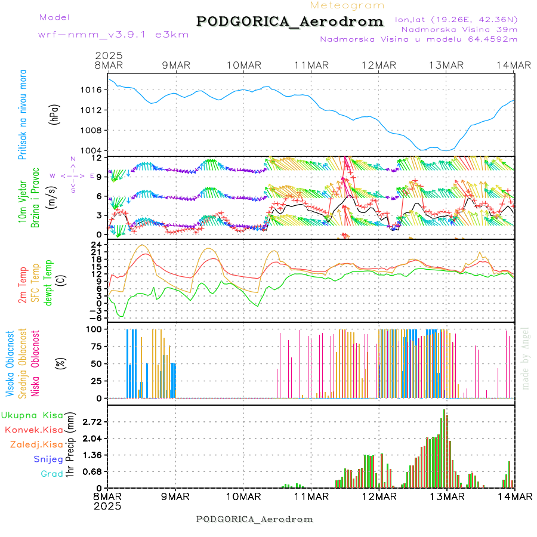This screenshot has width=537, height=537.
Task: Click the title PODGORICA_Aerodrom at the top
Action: tap(289, 21)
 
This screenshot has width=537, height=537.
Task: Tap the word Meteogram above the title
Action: tap(347, 5)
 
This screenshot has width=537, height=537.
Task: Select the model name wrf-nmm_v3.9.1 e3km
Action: tap(113, 35)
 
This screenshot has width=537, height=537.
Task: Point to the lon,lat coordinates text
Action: tap(456, 19)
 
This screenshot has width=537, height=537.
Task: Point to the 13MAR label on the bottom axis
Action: tap(447, 496)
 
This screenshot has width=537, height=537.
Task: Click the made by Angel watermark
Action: tap(526, 358)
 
